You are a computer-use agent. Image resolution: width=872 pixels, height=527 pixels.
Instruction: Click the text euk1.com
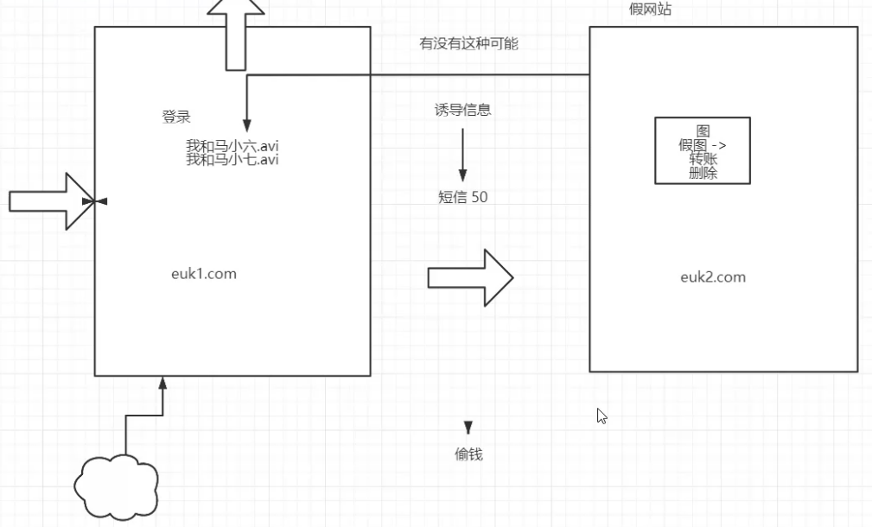pyautogui.click(x=204, y=274)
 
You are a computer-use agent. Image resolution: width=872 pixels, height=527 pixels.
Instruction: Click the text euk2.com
pyautogui.click(x=713, y=277)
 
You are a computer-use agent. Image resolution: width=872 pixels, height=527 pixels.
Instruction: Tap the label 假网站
pyautogui.click(x=651, y=9)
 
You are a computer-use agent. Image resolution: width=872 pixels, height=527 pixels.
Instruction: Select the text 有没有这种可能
pyautogui.click(x=468, y=43)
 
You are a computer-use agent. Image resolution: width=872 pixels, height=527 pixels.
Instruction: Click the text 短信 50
pyautogui.click(x=462, y=197)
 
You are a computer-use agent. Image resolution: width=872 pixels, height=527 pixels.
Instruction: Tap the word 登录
pyautogui.click(x=176, y=117)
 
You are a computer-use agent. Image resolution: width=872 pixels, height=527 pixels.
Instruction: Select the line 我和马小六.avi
pyautogui.click(x=232, y=145)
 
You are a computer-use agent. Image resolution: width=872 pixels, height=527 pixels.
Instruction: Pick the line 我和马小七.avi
pyautogui.click(x=232, y=159)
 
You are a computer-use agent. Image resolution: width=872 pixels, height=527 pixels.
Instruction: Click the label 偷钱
pyautogui.click(x=468, y=454)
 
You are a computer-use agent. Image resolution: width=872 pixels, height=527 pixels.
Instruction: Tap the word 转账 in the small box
pyautogui.click(x=703, y=159)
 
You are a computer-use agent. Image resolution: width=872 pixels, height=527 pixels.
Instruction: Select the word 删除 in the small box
pyautogui.click(x=703, y=173)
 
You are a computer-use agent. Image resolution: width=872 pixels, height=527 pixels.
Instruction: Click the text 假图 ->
pyautogui.click(x=702, y=145)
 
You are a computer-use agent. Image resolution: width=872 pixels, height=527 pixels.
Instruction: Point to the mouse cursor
pyautogui.click(x=601, y=416)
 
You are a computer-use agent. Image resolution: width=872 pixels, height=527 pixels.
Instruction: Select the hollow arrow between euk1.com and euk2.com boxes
pyautogui.click(x=470, y=277)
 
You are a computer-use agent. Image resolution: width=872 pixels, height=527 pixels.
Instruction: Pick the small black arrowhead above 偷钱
pyautogui.click(x=468, y=427)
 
